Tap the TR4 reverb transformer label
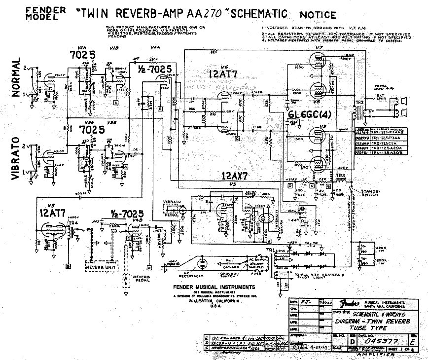coord(73,223)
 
